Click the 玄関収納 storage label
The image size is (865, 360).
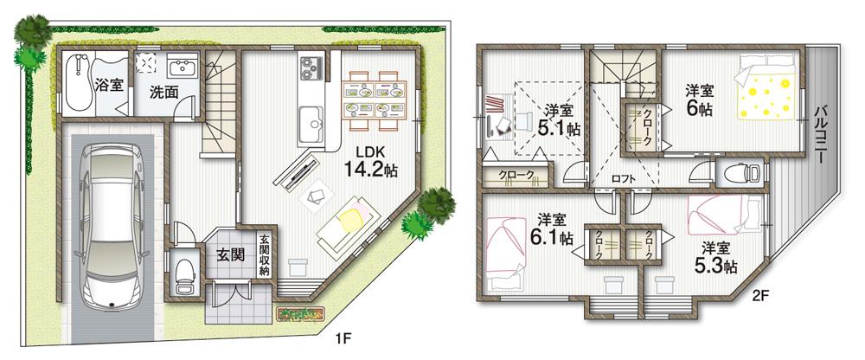pos(265,255)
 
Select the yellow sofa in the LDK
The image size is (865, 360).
pos(347,222)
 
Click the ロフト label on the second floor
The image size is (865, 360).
pos(623,179)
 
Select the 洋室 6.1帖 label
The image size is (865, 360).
pos(551,228)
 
